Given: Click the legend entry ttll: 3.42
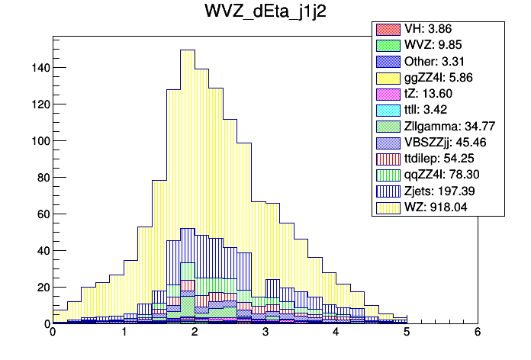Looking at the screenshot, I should [427, 110].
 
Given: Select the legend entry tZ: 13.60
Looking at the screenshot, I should [427, 94].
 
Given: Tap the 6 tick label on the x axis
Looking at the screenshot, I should [478, 333].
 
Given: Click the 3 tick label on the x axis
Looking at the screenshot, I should [265, 333].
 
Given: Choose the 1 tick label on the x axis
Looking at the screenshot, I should [123, 333].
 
